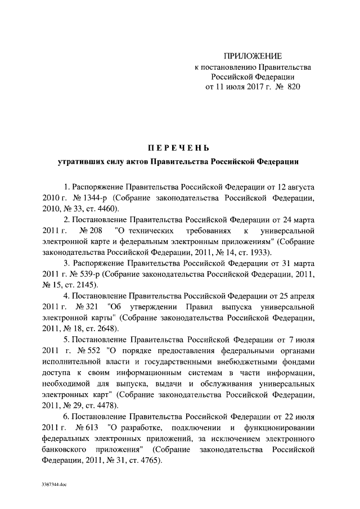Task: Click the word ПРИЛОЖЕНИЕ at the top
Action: coord(253,56)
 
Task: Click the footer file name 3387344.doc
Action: coord(54,484)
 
